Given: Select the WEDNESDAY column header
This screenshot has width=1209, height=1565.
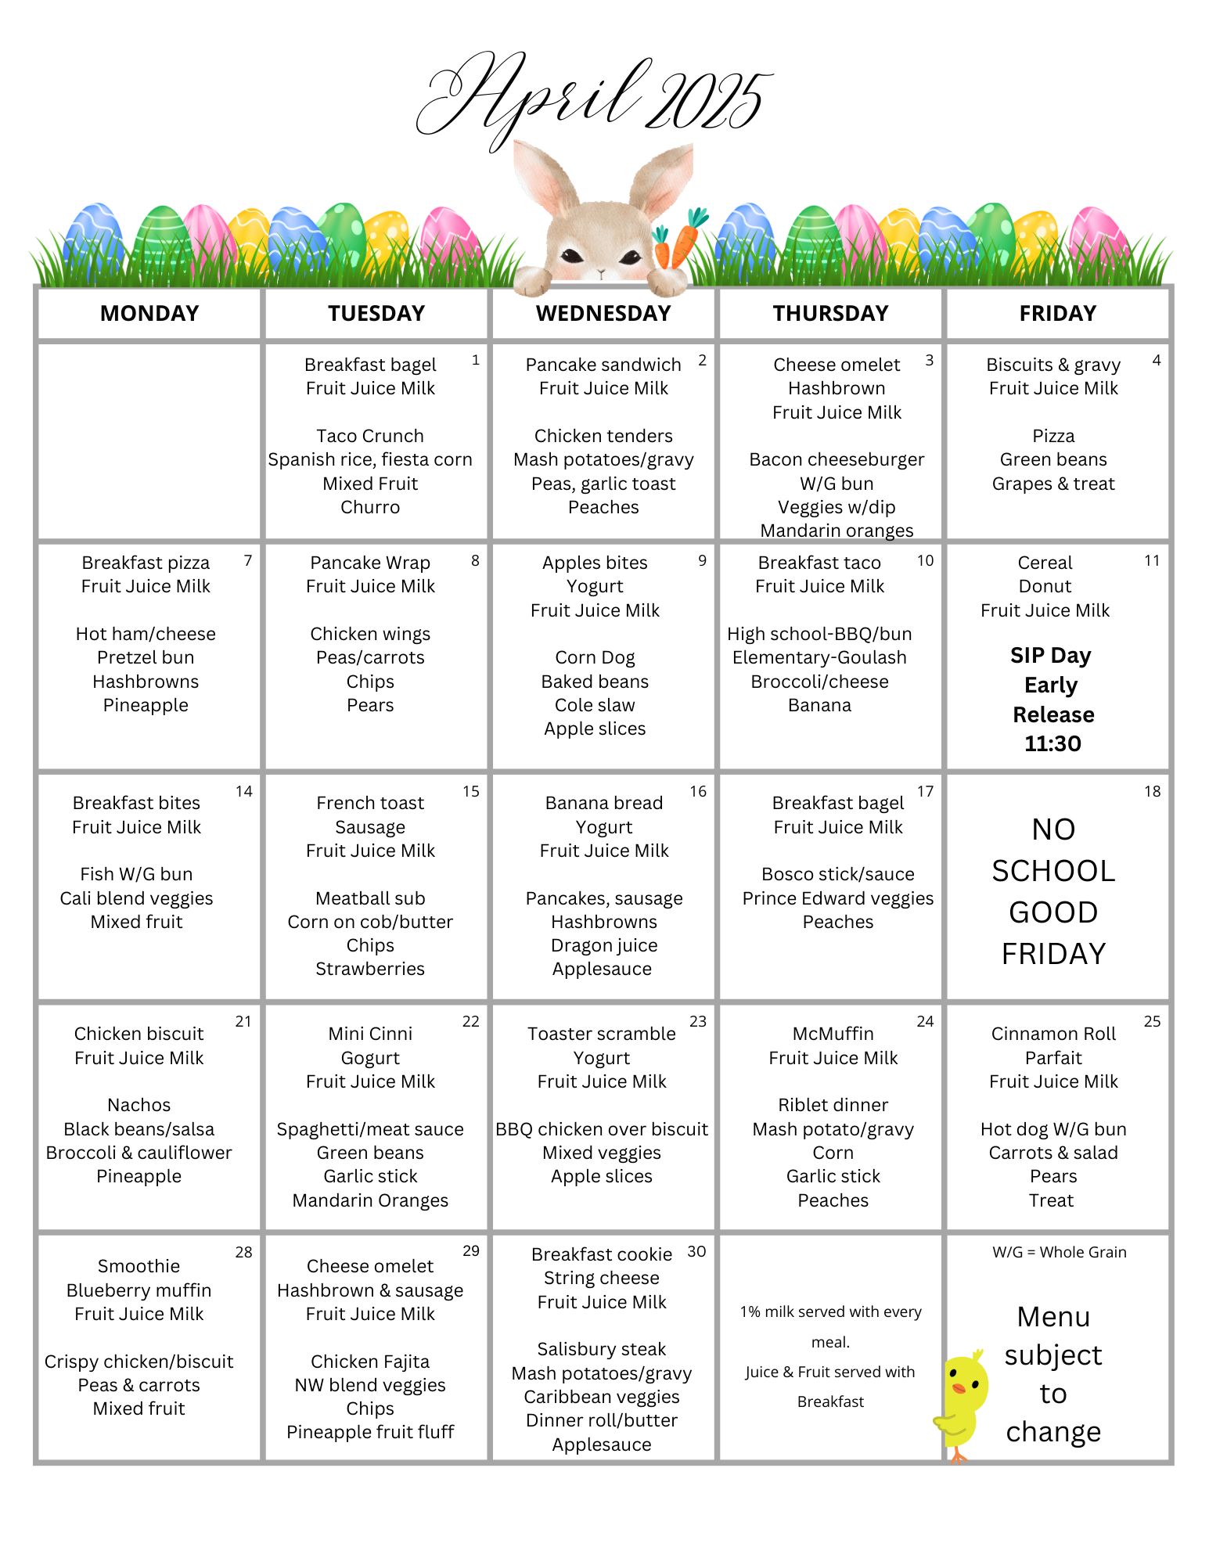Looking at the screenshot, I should pyautogui.click(x=603, y=313).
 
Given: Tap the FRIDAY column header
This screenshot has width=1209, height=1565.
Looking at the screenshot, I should pyautogui.click(x=1057, y=313).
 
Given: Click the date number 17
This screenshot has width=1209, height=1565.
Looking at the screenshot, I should pyautogui.click(x=925, y=792).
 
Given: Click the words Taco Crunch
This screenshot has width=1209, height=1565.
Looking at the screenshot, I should pyautogui.click(x=370, y=436).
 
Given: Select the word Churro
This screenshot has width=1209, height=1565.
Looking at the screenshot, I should pyautogui.click(x=370, y=507).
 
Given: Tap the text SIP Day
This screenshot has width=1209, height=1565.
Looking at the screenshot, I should pyautogui.click(x=1050, y=656).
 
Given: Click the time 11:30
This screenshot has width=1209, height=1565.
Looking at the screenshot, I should pyautogui.click(x=1052, y=743).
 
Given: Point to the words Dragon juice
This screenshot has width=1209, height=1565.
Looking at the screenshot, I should pyautogui.click(x=604, y=945).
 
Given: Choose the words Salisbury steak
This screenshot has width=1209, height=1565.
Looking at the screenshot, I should pyautogui.click(x=601, y=1349).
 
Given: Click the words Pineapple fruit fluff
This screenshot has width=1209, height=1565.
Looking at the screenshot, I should pyautogui.click(x=370, y=1432).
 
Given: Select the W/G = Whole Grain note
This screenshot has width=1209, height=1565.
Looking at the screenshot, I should pyautogui.click(x=1060, y=1252).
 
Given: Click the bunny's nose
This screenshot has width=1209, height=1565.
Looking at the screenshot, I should pyautogui.click(x=601, y=273).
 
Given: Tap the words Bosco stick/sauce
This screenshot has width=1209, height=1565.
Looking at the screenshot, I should pyautogui.click(x=838, y=874).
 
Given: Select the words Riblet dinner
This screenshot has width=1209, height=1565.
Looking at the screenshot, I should pyautogui.click(x=833, y=1105).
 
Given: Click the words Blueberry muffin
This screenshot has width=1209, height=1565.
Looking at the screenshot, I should pyautogui.click(x=139, y=1290).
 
